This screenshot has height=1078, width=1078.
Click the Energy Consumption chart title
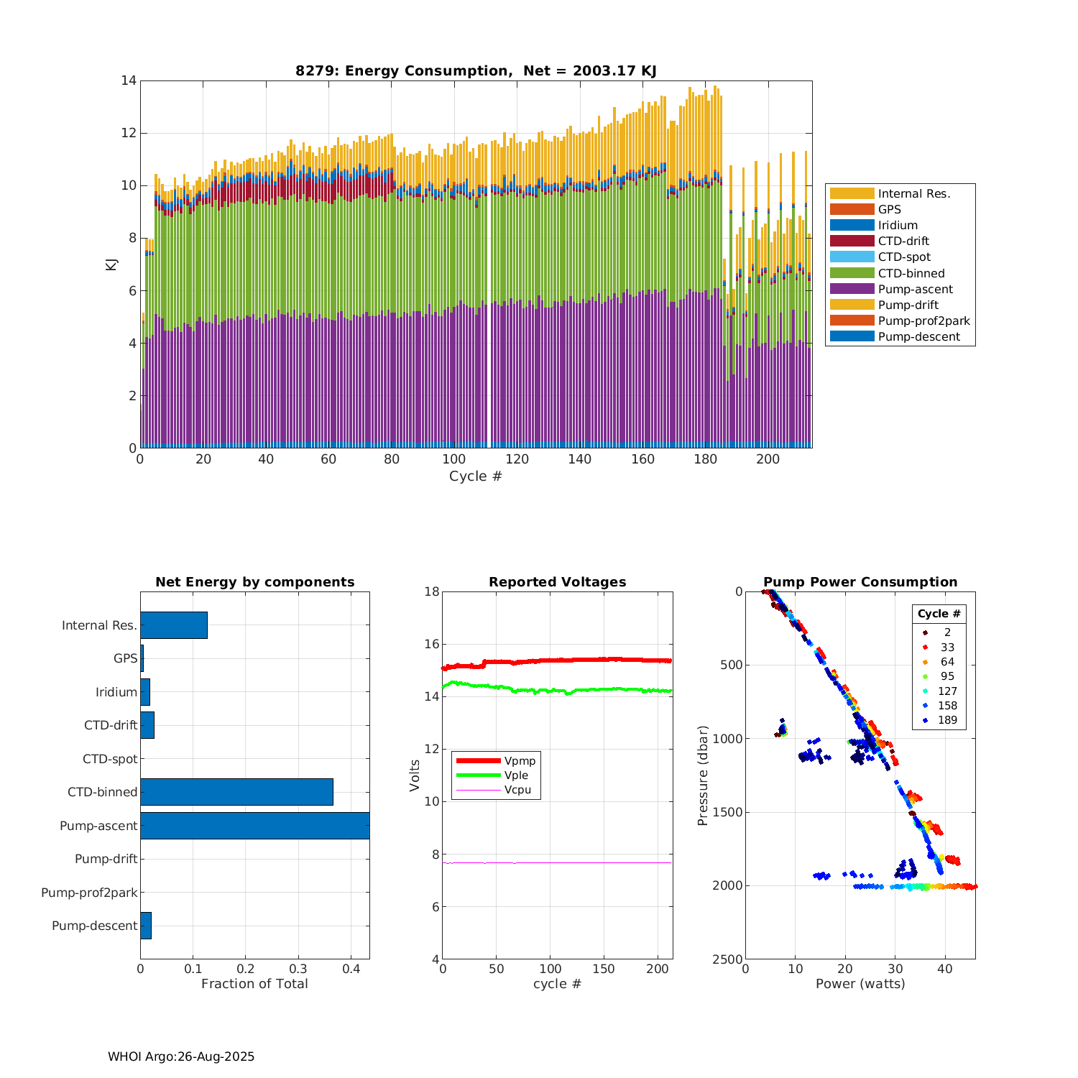click(476, 70)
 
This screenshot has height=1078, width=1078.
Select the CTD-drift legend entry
click(903, 241)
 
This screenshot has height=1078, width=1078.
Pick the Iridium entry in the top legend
click(898, 226)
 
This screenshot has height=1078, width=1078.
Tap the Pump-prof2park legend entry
click(923, 321)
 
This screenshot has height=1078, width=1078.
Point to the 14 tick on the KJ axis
click(129, 80)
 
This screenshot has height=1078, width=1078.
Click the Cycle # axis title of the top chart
click(476, 476)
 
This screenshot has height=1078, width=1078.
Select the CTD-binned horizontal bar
click(236, 792)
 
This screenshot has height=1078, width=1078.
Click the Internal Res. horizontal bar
click(174, 625)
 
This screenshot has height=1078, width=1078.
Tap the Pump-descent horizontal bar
click(146, 926)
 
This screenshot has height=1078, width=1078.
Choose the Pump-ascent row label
click(98, 826)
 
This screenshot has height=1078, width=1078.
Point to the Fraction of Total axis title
click(254, 984)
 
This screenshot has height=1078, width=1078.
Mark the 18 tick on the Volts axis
click(432, 592)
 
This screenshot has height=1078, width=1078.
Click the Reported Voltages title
click(557, 582)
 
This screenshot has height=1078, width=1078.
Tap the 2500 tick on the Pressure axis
click(729, 959)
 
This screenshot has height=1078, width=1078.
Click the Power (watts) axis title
click(860, 984)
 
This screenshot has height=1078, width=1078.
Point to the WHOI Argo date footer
click(181, 1056)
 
